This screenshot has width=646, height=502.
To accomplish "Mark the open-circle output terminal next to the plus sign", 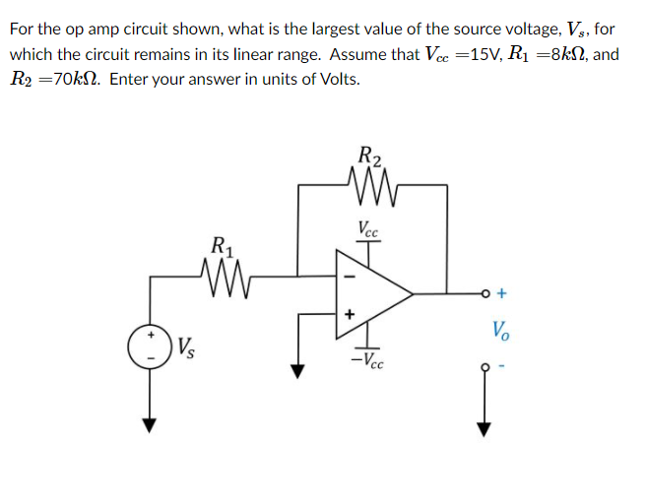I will [x=484, y=292].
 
